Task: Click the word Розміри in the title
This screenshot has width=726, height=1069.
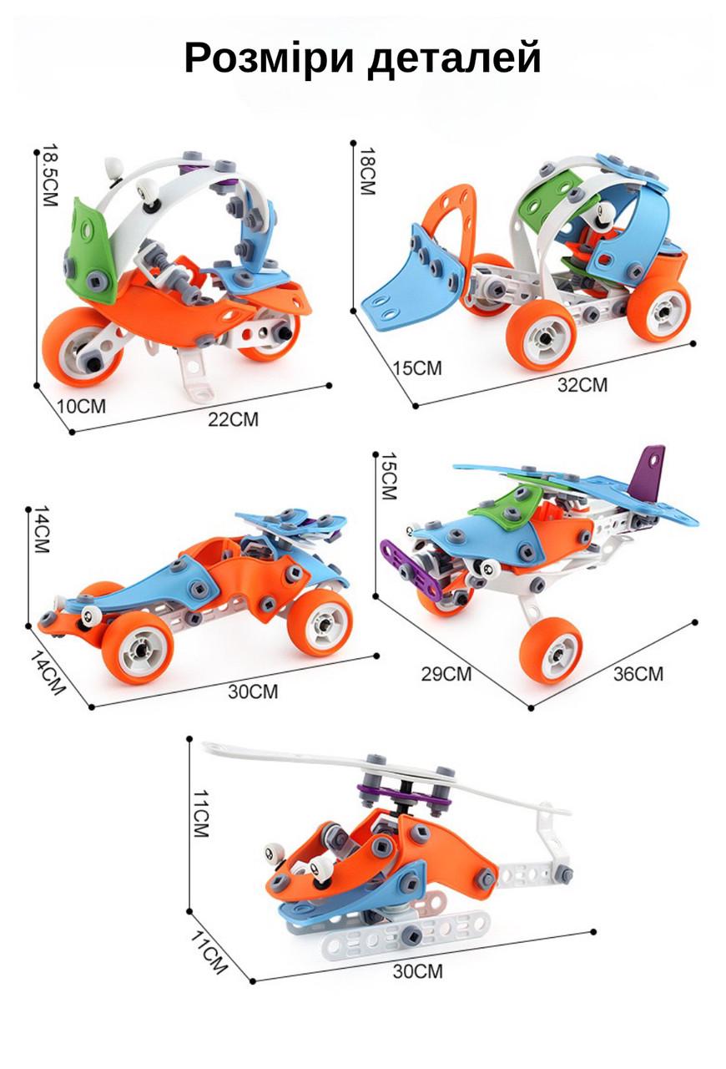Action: (269, 58)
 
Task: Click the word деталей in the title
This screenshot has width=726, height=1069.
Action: (455, 59)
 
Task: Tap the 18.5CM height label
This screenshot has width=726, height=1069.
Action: (49, 175)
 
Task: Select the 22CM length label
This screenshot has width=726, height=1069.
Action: (234, 419)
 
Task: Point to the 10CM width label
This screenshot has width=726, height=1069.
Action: (81, 406)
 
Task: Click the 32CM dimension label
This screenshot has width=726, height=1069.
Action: (583, 385)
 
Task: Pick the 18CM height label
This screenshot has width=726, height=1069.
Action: (367, 171)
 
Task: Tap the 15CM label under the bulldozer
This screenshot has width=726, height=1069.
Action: (418, 368)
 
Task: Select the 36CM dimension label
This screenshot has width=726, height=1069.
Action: (638, 674)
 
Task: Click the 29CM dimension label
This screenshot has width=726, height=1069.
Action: (446, 674)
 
